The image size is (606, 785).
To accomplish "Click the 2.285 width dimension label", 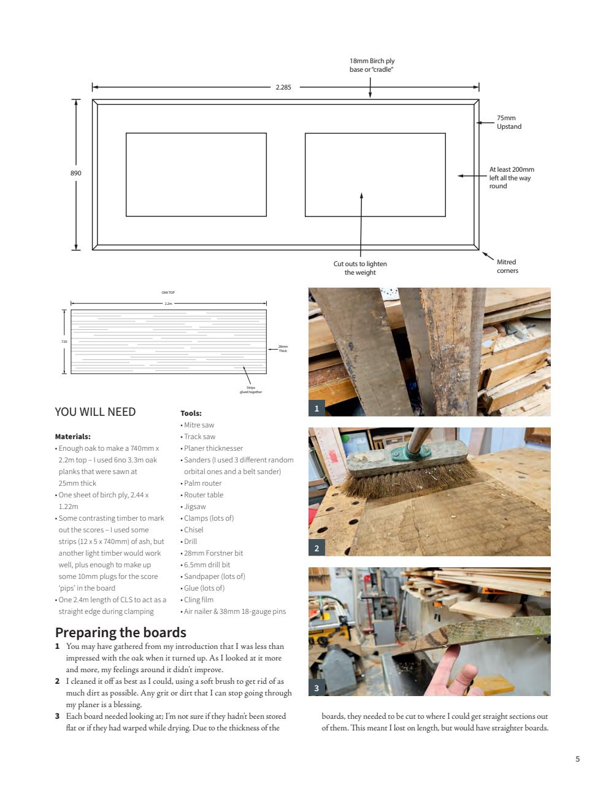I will point(283,87).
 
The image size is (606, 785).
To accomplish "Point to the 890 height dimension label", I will point(76,173).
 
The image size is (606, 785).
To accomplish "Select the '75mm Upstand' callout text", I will point(508,122).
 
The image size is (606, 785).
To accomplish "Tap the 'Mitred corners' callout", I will point(507,266).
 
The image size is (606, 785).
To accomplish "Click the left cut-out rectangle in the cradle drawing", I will point(196,175).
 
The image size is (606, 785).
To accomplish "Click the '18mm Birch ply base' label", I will point(372,65).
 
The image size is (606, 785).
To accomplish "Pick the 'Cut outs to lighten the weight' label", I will point(360,268).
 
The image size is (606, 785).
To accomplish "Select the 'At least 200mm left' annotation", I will point(511,178).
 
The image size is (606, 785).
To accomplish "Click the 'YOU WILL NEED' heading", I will point(95,412).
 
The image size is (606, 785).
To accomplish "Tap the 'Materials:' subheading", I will point(73,437).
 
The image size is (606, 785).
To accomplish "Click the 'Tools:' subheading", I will point(191,413).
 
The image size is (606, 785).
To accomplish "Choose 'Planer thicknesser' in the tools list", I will point(213,448).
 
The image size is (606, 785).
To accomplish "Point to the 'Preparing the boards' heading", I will point(121,632).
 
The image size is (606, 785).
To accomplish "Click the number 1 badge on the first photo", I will point(316,408).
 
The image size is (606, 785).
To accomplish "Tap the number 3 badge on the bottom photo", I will point(316,687).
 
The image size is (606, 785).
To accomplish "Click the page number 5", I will point(577,759).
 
